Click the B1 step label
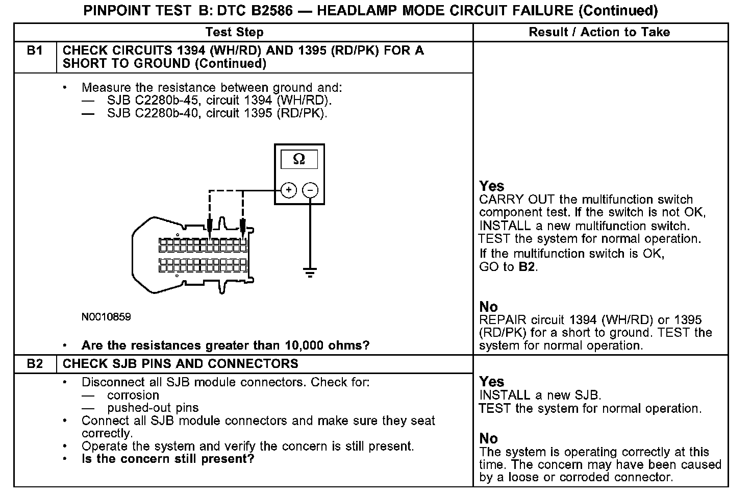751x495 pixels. coord(35,51)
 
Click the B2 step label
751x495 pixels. coord(35,364)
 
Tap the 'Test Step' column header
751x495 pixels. coord(235,32)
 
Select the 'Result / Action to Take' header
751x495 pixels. coord(599,32)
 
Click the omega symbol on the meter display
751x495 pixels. coord(299,159)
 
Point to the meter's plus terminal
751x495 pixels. coord(289,190)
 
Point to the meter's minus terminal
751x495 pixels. coord(310,190)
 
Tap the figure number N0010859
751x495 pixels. coord(106,317)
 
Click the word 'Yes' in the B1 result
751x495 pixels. coord(492,186)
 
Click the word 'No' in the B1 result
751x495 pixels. coord(488,307)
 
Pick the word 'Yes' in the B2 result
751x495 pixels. coord(492,382)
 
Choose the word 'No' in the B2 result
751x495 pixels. coord(488,438)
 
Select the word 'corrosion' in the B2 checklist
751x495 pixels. coord(133,395)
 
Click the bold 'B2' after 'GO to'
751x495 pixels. coord(527,266)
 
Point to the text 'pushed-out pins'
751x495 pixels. coord(153,408)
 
